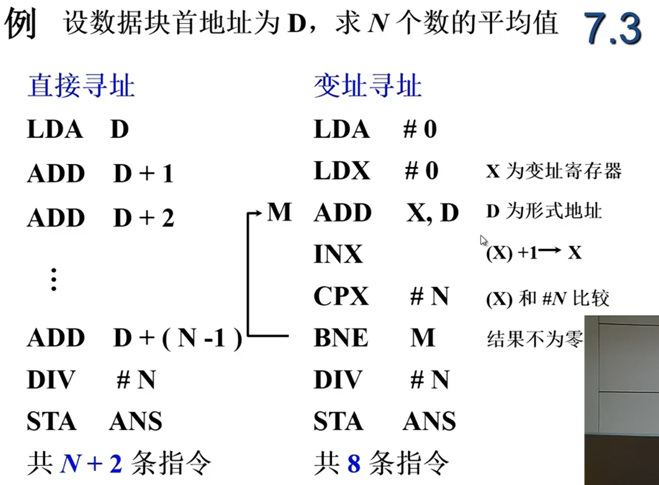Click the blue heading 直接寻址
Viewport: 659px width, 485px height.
(x=81, y=88)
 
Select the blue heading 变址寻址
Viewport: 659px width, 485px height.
(x=367, y=88)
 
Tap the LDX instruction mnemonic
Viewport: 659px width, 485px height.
(x=342, y=171)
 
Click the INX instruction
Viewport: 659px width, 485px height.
(x=338, y=254)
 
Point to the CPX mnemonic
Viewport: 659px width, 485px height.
(x=341, y=296)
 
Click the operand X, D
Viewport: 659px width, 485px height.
(x=433, y=213)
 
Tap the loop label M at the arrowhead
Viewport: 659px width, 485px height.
(x=279, y=213)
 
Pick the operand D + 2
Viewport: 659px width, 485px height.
(x=143, y=218)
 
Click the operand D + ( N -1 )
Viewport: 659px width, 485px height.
(x=178, y=339)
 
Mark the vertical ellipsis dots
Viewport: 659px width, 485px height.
(x=53, y=279)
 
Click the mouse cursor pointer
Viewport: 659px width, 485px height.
(x=483, y=240)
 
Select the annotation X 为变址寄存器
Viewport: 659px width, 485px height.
(x=553, y=171)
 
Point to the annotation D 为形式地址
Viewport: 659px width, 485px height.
(x=544, y=212)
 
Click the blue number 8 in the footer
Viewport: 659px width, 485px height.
(x=354, y=464)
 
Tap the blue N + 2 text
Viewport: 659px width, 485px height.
(x=91, y=464)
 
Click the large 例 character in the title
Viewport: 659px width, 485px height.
(x=21, y=26)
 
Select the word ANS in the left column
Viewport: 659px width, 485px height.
(x=135, y=422)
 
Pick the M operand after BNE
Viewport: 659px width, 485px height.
(x=422, y=338)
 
